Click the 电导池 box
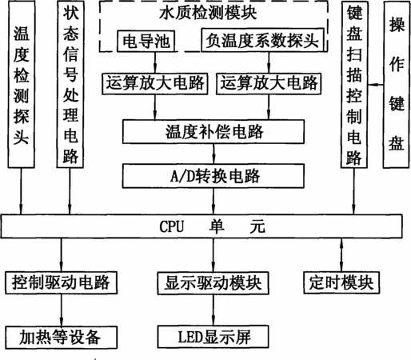(146, 41)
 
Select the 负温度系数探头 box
(262, 40)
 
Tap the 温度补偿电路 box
(213, 131)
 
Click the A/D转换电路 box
(213, 176)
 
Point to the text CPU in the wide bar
(172, 226)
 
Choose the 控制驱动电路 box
(61, 282)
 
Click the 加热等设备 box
(61, 338)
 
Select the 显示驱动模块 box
(213, 283)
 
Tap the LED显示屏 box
(213, 337)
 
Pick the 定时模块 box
(341, 282)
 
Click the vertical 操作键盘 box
(396, 85)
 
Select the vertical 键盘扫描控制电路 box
(354, 85)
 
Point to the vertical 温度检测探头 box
(22, 84)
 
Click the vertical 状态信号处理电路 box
(70, 84)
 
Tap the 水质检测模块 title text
(208, 13)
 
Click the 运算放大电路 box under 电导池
(155, 83)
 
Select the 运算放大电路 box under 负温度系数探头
(269, 83)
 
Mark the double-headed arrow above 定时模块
(341, 254)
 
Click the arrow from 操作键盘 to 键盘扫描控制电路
(376, 85)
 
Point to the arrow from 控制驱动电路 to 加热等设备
(61, 310)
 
